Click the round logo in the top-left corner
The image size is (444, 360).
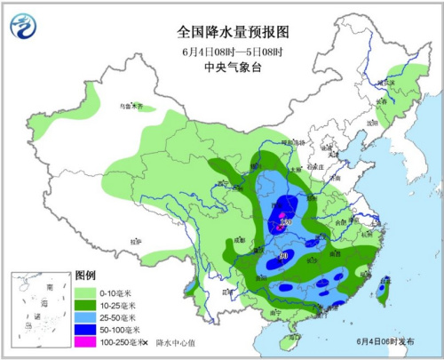pos(24,26)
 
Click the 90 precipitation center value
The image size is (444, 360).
pos(283,257)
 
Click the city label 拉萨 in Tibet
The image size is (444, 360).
pos(134,241)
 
